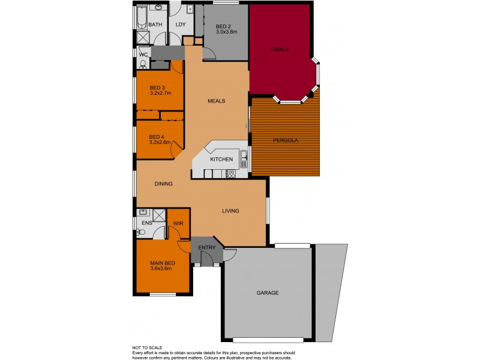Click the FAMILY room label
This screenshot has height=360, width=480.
(280, 49)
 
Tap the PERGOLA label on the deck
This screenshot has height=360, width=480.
(286, 140)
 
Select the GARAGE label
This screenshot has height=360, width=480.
(268, 293)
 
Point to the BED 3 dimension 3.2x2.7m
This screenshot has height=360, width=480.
(160, 93)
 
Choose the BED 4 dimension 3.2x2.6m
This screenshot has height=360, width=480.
(160, 143)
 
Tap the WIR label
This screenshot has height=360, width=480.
(178, 223)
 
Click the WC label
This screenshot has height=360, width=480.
(143, 55)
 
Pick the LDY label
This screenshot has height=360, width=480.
(181, 25)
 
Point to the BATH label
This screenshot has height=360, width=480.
(155, 25)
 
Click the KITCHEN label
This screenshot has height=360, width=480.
(221, 159)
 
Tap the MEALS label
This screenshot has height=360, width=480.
(217, 101)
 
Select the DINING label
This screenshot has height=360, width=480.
(164, 184)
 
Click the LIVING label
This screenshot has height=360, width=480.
(230, 211)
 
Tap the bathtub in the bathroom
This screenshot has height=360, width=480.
(141, 17)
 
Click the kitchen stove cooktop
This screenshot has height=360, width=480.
(230, 174)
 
